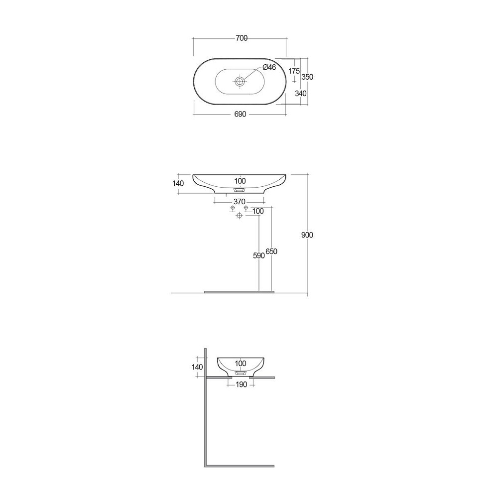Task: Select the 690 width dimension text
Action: click(x=240, y=114)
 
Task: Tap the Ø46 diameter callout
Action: click(x=269, y=68)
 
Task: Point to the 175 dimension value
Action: click(x=294, y=71)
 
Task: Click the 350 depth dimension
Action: click(x=307, y=77)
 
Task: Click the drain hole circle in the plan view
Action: click(x=240, y=81)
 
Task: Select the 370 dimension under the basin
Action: click(x=240, y=202)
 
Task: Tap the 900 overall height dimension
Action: click(x=307, y=235)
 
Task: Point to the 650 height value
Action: click(x=271, y=251)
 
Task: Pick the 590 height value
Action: click(x=258, y=255)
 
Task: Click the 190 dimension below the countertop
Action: click(x=241, y=384)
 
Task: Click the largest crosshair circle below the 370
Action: click(x=240, y=215)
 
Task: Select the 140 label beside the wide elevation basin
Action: click(x=178, y=183)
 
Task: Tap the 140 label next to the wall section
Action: click(x=197, y=367)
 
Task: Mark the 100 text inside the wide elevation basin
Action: click(x=240, y=180)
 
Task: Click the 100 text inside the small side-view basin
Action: click(x=240, y=364)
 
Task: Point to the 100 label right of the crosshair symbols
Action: click(x=258, y=211)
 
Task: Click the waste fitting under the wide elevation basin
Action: click(x=240, y=190)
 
